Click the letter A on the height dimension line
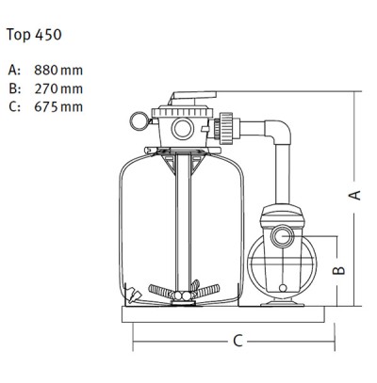pos(354,195)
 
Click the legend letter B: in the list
pos(15,88)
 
